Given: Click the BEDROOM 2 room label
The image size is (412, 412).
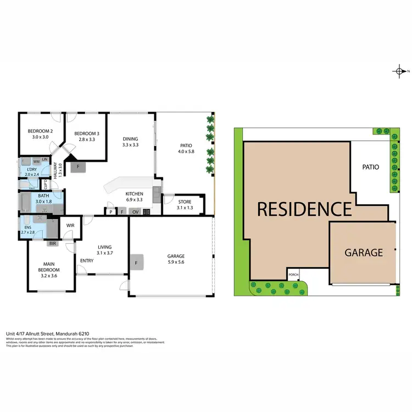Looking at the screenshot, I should (40, 131).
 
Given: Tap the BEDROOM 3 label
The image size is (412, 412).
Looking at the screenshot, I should (87, 133).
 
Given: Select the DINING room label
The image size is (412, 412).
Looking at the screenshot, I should (130, 138).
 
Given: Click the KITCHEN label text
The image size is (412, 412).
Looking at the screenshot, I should (135, 194).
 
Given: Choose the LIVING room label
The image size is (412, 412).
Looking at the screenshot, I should (105, 247).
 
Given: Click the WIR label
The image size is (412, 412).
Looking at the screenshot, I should (70, 225).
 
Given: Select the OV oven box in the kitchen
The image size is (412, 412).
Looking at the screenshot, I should (135, 211).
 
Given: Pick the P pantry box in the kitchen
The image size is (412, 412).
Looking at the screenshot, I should (111, 211).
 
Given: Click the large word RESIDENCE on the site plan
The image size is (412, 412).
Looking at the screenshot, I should (304, 209).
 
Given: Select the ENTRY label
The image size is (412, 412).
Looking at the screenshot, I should (87, 260).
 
